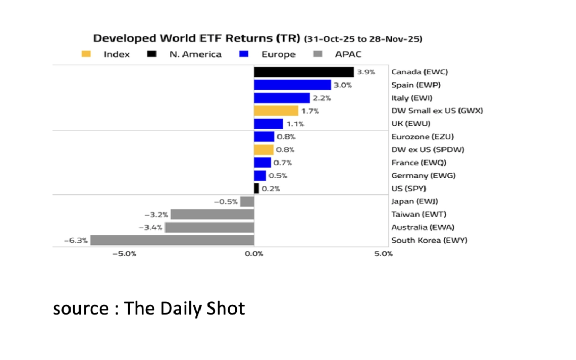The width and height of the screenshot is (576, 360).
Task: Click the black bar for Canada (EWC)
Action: tap(303, 72)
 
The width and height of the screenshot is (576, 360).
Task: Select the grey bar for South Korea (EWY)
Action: tap(172, 240)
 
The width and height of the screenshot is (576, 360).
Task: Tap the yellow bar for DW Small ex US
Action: tap(276, 111)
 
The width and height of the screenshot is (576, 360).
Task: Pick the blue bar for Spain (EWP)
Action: tap(292, 85)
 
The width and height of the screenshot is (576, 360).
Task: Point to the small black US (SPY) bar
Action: tap(256, 188)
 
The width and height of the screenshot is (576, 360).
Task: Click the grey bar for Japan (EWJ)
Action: tap(247, 201)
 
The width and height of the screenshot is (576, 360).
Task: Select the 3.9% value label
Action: tap(366, 72)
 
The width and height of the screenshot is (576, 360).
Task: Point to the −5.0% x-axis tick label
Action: tap(124, 253)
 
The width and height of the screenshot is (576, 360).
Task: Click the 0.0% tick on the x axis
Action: tap(254, 253)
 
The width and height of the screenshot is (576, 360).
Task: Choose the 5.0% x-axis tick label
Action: tap(384, 253)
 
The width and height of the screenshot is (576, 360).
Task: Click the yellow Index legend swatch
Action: tap(86, 54)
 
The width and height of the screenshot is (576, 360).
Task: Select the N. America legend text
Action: tap(195, 55)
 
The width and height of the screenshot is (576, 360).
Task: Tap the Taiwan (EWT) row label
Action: tap(418, 215)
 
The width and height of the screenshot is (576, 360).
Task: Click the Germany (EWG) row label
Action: tap(423, 176)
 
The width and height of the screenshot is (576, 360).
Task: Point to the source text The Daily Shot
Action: tap(149, 308)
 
